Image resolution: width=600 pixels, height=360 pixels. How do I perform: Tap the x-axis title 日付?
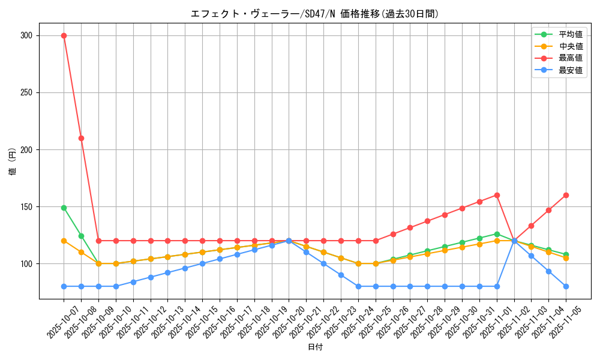[x=315, y=347]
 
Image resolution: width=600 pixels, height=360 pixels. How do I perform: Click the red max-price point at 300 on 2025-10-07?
[x=64, y=35]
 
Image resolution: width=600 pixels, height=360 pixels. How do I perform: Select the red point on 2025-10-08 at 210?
[x=81, y=138]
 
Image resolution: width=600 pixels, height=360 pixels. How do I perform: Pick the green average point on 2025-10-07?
[x=64, y=208]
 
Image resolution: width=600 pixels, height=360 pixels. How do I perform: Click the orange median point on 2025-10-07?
[x=64, y=241]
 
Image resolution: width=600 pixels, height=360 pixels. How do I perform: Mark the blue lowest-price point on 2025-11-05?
[x=566, y=286]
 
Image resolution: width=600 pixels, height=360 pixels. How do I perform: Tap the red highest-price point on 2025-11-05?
[x=566, y=195]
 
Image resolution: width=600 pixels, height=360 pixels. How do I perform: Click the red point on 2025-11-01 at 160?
[x=497, y=195]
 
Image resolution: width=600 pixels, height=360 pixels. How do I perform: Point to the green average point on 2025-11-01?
[x=497, y=234]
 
